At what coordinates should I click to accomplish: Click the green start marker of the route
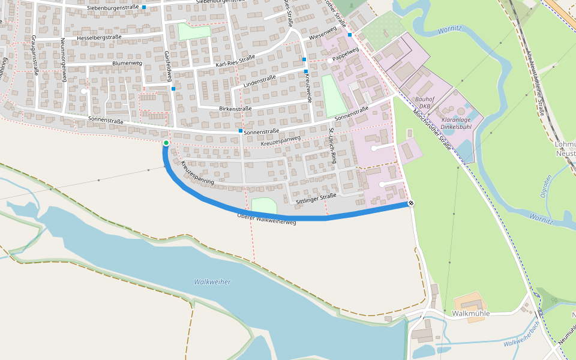[x=166, y=143]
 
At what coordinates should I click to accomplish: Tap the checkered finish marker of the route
[x=412, y=203]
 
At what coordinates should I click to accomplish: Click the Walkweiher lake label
[x=212, y=282]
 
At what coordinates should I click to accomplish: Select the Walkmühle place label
[x=471, y=314]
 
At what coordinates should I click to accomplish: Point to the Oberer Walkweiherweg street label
[x=267, y=219]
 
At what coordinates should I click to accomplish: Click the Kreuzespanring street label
[x=197, y=172]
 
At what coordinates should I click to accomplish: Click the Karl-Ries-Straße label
[x=235, y=61]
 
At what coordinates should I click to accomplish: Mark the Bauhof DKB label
[x=424, y=103]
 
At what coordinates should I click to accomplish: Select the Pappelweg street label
[x=345, y=55]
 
